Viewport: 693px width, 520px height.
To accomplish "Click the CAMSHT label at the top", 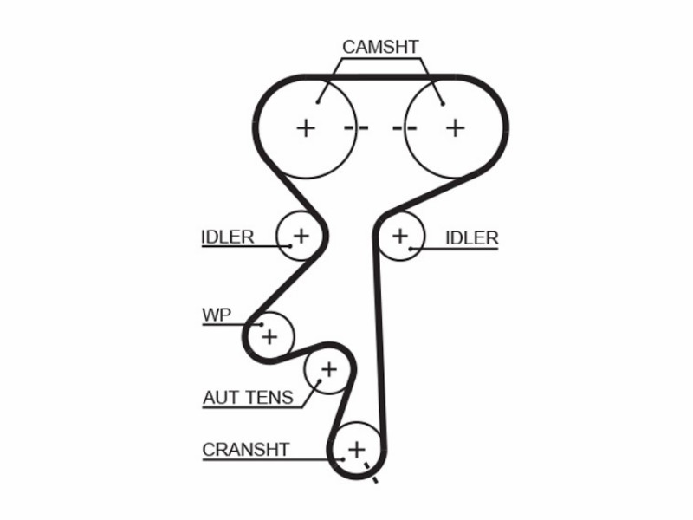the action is pos(380,47).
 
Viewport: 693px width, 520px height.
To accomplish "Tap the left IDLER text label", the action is pos(228,237).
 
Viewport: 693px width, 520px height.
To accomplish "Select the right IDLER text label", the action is pos(472,237).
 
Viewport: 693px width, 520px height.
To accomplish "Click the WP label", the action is pos(217,315).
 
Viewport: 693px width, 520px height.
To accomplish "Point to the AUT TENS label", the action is pos(248,398).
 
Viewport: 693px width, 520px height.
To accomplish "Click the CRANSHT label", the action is pos(246,450).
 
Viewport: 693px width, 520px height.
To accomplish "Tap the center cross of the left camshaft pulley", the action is pos(306,128).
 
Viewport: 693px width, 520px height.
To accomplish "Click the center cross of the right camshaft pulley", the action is pos(456,128).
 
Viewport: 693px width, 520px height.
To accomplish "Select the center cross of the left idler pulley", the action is pos(301,236).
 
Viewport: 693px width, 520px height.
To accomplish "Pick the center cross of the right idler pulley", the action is pos(400,236).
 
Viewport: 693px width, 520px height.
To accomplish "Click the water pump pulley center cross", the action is pos(269,337).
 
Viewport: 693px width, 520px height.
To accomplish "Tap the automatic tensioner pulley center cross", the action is pos(329,369).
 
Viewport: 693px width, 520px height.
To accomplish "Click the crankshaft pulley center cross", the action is pos(357,450).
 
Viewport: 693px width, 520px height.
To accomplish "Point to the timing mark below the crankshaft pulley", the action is pos(371,473).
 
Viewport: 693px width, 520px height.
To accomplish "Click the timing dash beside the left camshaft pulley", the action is pos(356,128).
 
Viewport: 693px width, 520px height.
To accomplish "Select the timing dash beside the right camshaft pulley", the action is pos(405,128).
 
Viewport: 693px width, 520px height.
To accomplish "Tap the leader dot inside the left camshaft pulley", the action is pos(318,102).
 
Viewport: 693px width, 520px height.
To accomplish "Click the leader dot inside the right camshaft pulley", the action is pos(443,104).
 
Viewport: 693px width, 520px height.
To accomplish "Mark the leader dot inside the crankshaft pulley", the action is pos(343,459).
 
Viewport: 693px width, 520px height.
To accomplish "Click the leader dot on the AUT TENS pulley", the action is pos(320,380).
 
